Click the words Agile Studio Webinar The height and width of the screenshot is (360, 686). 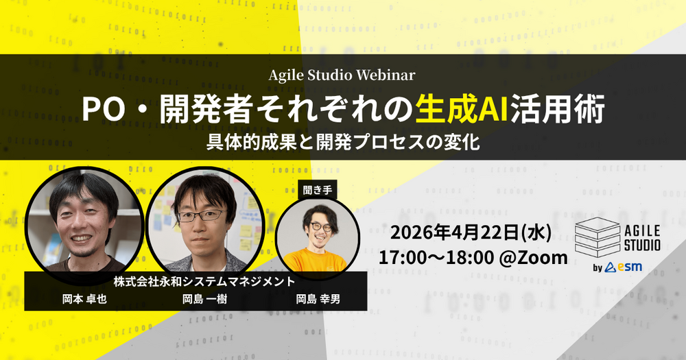[342, 75]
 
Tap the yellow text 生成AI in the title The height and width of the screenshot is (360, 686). [462, 109]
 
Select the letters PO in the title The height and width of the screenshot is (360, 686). [104, 109]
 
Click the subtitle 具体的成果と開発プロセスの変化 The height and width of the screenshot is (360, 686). [343, 143]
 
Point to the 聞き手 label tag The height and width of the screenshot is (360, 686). [318, 190]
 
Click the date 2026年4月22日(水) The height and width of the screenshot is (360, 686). [471, 232]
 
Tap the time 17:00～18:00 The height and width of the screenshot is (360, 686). [436, 258]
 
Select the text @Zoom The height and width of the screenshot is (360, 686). [533, 258]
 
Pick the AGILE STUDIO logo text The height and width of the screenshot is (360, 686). [642, 237]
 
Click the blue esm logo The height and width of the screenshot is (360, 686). [624, 267]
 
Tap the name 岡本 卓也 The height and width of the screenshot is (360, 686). [84, 299]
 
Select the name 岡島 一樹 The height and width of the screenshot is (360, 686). [204, 299]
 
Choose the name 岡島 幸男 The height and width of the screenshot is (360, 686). [318, 299]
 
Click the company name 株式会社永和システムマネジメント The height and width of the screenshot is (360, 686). [204, 282]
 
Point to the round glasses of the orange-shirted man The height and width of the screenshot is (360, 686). [321, 228]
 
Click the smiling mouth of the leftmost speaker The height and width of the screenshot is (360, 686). [82, 239]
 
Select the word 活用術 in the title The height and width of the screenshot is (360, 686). [557, 109]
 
